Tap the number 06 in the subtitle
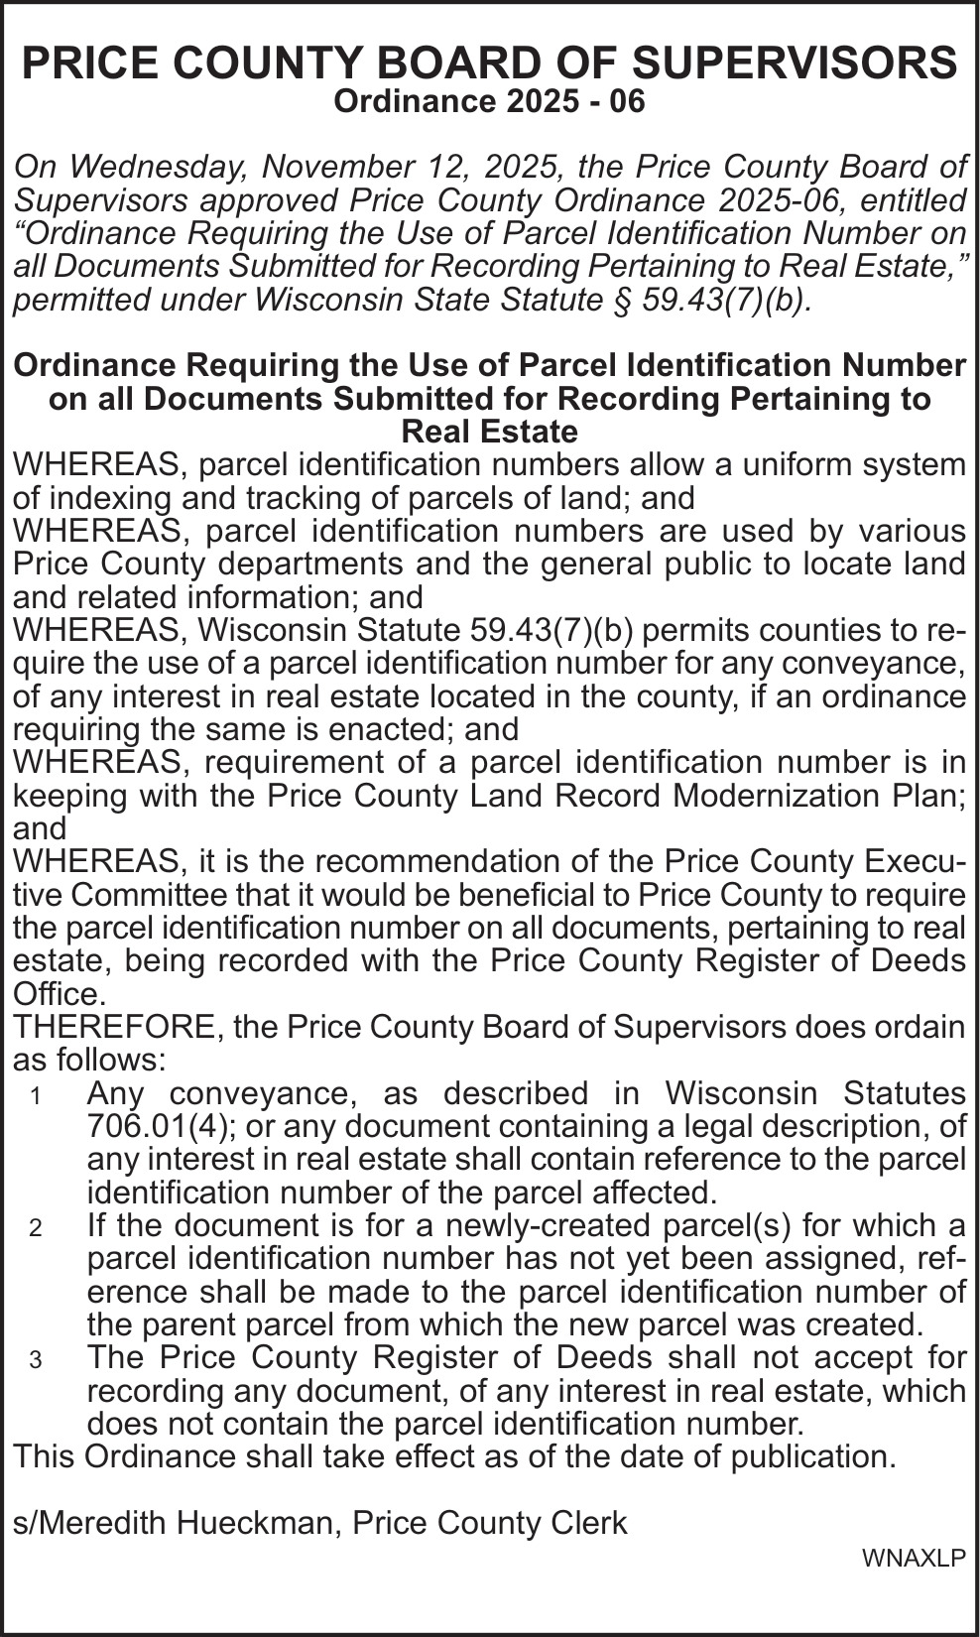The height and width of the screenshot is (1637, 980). click(625, 101)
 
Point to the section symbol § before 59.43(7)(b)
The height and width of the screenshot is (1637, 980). click(626, 300)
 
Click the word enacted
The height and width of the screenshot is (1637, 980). click(384, 729)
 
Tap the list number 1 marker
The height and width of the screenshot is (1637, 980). click(36, 1096)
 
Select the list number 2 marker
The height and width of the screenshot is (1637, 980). click(36, 1228)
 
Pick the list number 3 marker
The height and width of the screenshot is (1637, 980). click(36, 1360)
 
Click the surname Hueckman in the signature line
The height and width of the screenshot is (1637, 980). click(253, 1523)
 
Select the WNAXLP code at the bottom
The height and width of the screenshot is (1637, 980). click(913, 1559)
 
